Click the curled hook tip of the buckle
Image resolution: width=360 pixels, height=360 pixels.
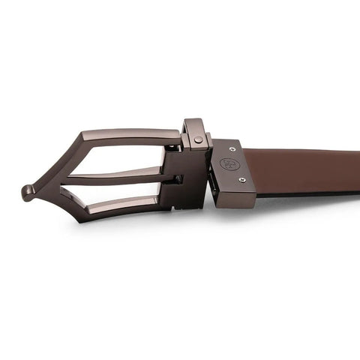(27, 193)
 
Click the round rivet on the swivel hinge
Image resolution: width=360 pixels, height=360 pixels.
(198, 139)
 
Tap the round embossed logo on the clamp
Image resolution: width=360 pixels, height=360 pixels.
(227, 164)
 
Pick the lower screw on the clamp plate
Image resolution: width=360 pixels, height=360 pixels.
(241, 179)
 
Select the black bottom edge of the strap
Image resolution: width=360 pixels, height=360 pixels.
(315, 193)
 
